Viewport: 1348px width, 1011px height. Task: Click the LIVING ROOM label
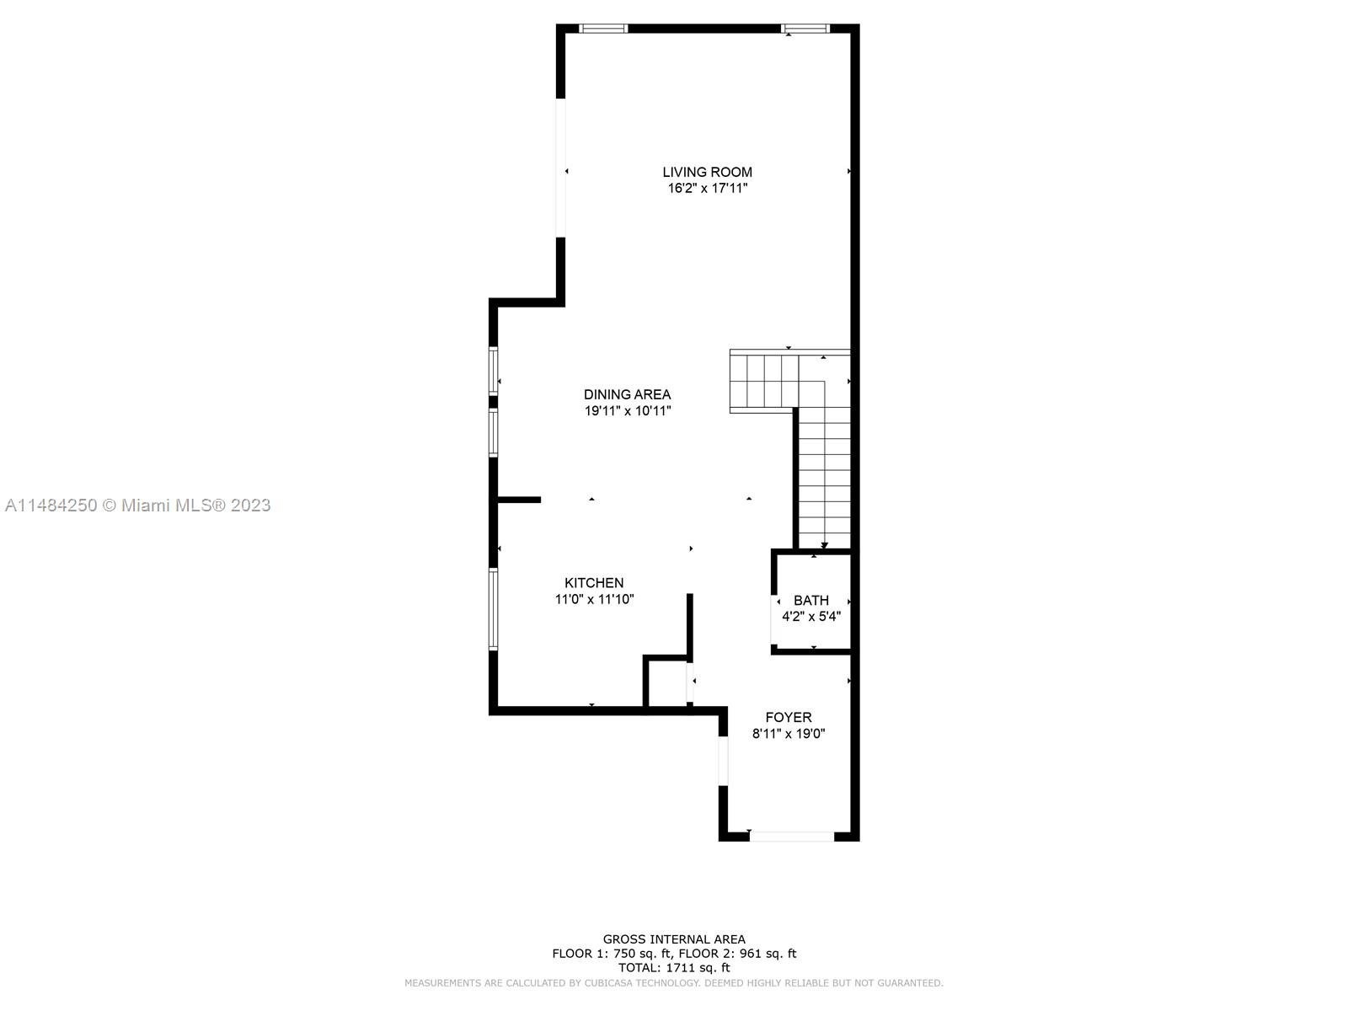(x=707, y=172)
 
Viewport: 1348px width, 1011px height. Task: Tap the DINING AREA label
(x=627, y=394)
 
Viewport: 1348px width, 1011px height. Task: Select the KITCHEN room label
(x=594, y=582)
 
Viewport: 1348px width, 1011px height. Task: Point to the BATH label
(x=810, y=600)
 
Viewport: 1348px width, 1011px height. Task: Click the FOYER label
(x=789, y=717)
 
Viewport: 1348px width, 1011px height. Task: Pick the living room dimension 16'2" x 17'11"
(x=708, y=189)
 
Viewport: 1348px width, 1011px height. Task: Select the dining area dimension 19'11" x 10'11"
(x=628, y=410)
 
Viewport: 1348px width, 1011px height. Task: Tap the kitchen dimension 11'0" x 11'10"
(x=595, y=599)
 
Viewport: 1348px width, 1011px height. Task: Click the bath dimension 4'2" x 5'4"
(x=811, y=617)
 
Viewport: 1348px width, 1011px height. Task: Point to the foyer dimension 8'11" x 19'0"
(x=789, y=733)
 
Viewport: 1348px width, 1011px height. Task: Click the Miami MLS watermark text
(x=137, y=505)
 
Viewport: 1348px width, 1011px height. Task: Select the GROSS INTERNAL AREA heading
(x=674, y=939)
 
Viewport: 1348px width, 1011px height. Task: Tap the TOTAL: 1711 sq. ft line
(x=674, y=967)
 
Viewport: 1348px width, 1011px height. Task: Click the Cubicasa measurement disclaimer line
(x=674, y=982)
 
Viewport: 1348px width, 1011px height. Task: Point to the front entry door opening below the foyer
(x=792, y=836)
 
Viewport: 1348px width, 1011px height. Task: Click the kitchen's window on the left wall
(x=493, y=608)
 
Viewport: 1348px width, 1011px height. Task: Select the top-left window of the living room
(x=603, y=29)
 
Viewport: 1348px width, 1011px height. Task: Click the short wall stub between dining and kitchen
(x=519, y=500)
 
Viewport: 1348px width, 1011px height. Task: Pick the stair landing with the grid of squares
(x=764, y=381)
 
